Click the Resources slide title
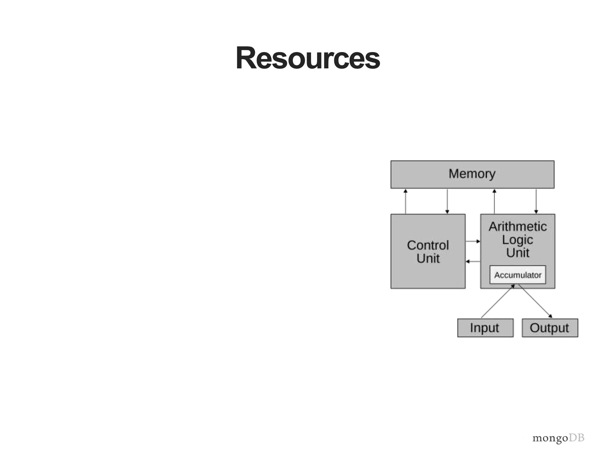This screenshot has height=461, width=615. pos(307,58)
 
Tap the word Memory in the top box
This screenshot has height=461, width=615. pos(472,174)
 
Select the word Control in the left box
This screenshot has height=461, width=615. pos(428,245)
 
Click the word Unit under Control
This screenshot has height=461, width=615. pos(428,258)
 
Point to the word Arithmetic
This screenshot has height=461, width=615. pos(517,227)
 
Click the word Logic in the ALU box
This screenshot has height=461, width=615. pos(517,240)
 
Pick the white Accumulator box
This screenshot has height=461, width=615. pos(517,275)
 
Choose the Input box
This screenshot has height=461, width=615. pos(485,328)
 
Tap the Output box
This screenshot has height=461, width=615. pos(550,328)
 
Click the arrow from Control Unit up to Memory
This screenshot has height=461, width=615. pos(405,201)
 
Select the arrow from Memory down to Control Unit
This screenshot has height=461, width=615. pos(447,201)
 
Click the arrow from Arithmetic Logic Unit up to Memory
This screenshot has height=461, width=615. pos(494,201)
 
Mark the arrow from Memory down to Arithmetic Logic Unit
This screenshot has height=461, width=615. pos(536,201)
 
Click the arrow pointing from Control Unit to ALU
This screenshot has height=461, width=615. pos(473,241)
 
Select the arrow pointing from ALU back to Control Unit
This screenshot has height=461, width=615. pos(473,261)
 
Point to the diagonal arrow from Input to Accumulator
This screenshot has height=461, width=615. pos(498,301)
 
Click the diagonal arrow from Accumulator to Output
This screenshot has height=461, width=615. pos(535,301)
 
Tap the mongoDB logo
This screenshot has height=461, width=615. pos(558,438)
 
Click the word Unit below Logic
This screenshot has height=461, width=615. pos(517,253)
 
